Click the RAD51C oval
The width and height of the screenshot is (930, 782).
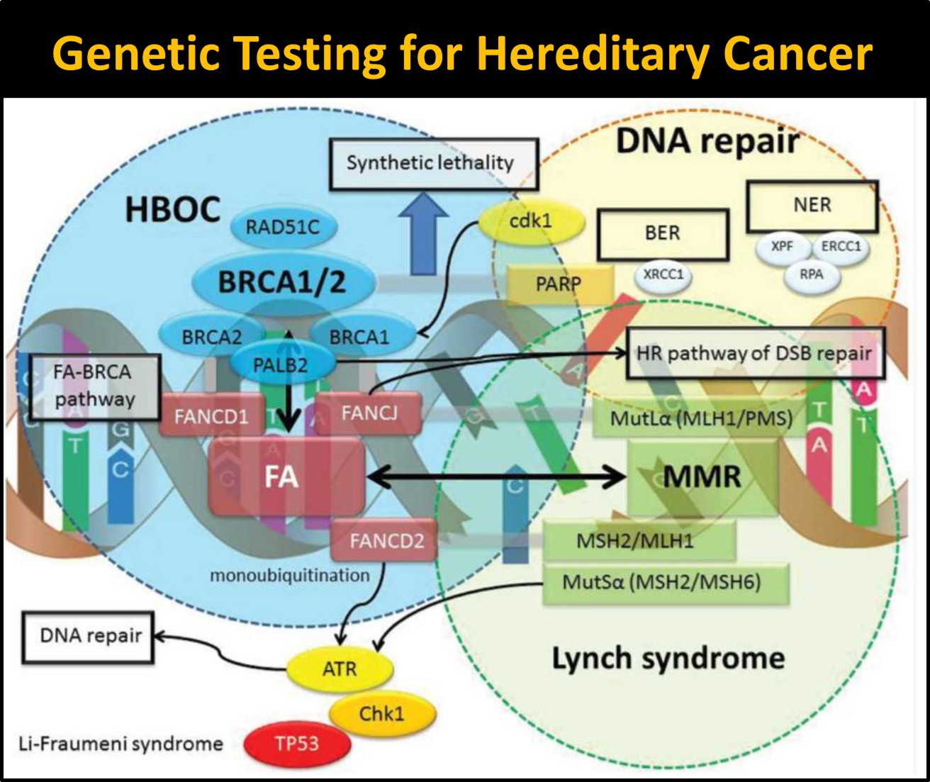click(283, 228)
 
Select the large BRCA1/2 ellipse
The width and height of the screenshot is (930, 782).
click(281, 281)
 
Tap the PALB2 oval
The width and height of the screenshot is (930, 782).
click(280, 366)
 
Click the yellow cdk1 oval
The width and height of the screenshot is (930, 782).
click(531, 222)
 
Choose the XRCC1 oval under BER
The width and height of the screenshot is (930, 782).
click(663, 274)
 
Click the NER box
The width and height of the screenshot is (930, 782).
click(812, 206)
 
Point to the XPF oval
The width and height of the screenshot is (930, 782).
click(781, 247)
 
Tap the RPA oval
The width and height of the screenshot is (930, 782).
click(812, 274)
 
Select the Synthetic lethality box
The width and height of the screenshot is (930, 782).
click(430, 163)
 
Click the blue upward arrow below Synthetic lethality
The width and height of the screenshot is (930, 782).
click(424, 234)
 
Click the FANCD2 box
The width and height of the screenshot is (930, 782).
click(386, 542)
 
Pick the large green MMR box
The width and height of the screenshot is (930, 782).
click(701, 477)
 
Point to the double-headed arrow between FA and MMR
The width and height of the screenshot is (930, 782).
click(496, 477)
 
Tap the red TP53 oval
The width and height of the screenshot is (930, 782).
click(297, 744)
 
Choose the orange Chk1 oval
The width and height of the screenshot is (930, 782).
click(381, 713)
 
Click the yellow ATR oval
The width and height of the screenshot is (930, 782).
click(340, 669)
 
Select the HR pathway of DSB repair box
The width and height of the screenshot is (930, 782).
click(754, 354)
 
